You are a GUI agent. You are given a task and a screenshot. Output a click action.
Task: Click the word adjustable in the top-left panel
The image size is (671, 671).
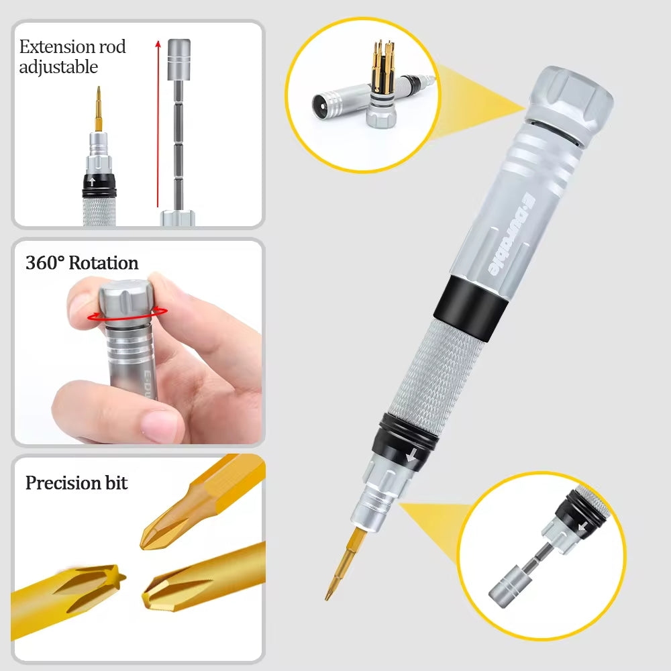pyautogui.click(x=58, y=67)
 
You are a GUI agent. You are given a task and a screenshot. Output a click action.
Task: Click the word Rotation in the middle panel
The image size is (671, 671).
pyautogui.click(x=103, y=262)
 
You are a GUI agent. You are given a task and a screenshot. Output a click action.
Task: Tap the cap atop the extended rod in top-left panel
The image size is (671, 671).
pyautogui.click(x=178, y=51)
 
